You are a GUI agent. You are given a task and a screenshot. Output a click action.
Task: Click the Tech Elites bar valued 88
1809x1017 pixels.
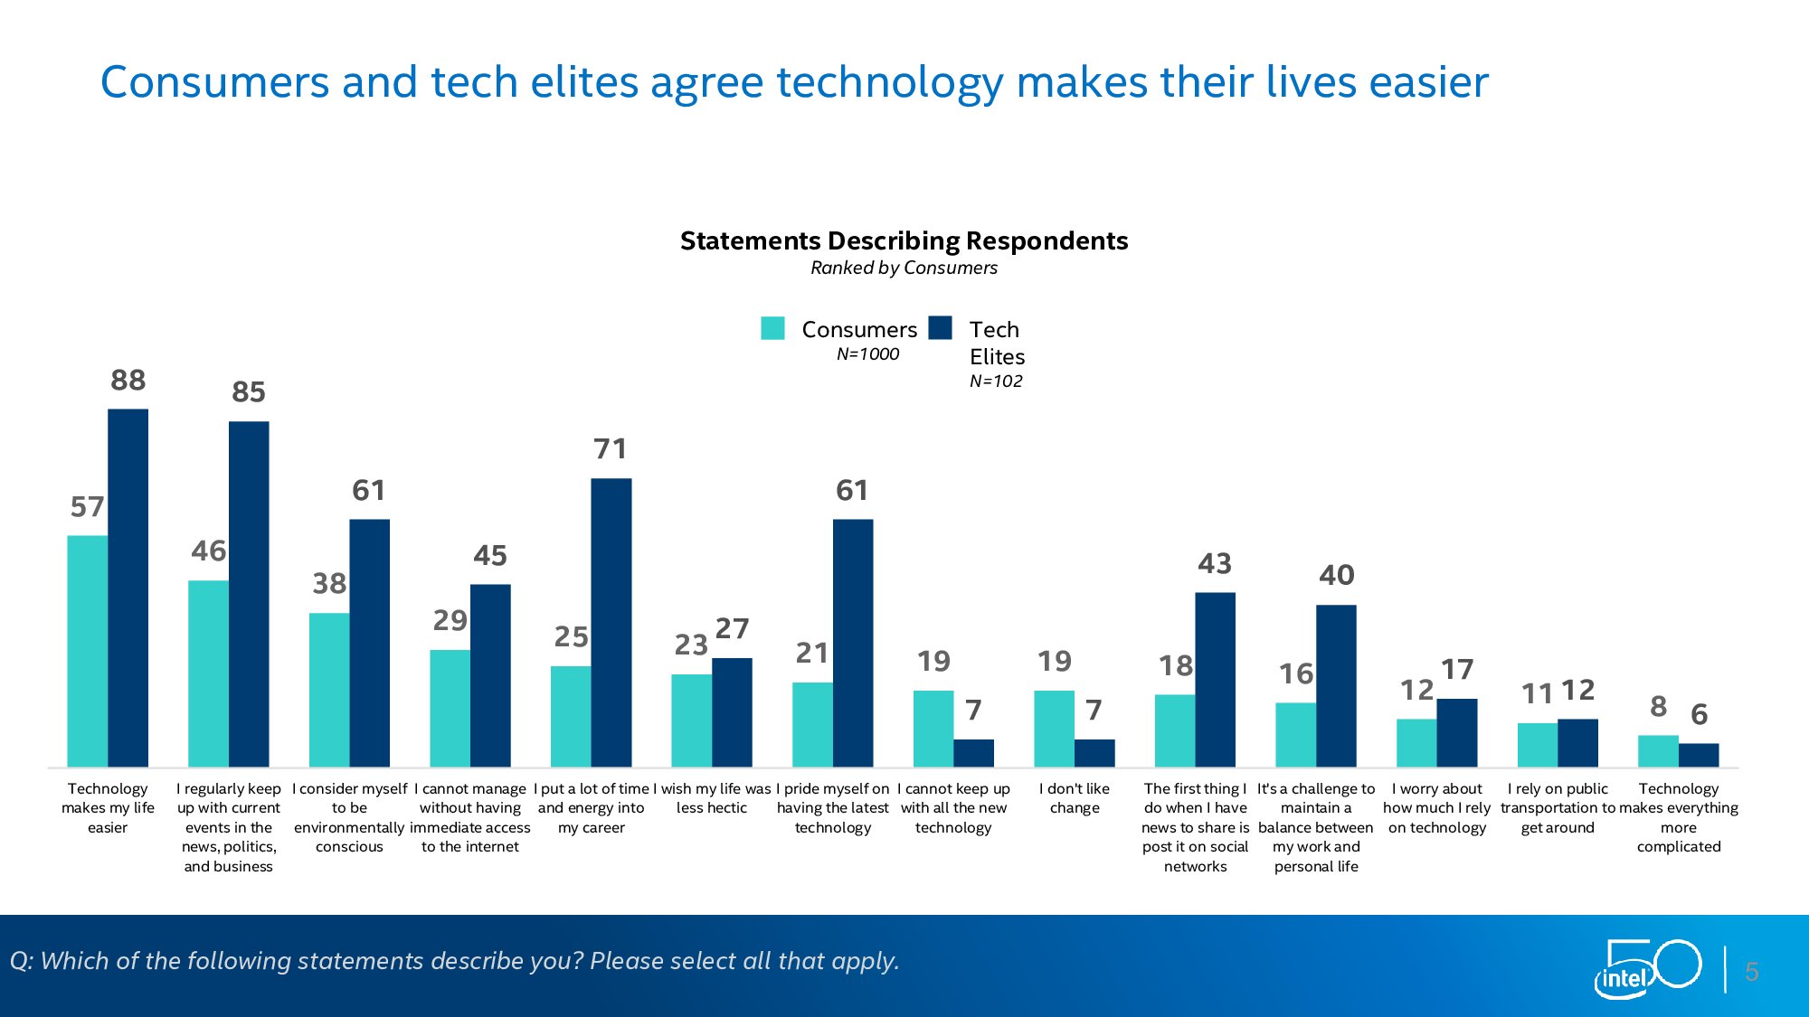(128, 588)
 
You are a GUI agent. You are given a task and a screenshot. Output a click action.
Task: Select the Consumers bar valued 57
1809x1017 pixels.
(87, 651)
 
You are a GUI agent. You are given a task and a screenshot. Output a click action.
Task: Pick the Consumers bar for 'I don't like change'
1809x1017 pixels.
(1054, 729)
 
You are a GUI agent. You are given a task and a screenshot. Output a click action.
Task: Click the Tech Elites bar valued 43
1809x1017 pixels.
(1215, 680)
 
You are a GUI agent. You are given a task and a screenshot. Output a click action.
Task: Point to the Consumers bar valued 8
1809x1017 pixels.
(1658, 751)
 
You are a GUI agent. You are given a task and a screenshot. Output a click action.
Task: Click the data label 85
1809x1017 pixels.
(249, 392)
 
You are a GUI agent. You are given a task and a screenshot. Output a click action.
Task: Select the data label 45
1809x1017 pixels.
(490, 556)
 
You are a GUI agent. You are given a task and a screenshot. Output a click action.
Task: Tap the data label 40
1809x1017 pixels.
(1336, 576)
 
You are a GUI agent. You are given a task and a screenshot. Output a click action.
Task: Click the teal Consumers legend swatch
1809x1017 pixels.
(772, 328)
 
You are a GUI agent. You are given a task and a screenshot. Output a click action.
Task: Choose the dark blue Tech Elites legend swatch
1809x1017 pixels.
(941, 327)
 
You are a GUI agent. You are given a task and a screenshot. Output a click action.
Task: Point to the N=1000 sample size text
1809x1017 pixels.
(867, 354)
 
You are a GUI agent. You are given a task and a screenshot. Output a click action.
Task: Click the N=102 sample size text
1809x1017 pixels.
(996, 381)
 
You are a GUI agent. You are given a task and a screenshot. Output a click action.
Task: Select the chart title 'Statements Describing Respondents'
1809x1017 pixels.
(904, 241)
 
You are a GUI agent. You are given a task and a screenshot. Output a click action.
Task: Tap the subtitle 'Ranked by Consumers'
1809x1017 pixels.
(904, 268)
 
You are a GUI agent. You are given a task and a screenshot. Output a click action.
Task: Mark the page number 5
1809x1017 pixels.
(1752, 973)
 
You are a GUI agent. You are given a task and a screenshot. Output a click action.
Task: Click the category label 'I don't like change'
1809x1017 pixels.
(1075, 798)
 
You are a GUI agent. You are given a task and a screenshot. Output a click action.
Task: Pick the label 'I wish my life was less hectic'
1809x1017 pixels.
(712, 798)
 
